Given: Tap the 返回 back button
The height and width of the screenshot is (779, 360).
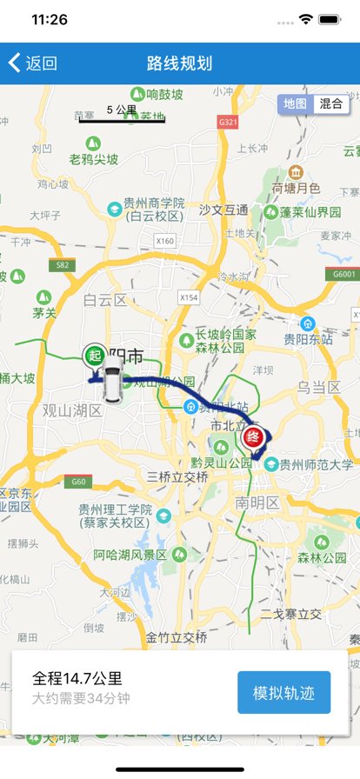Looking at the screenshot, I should point(33,63).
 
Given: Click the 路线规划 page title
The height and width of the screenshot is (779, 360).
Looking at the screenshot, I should point(179,63).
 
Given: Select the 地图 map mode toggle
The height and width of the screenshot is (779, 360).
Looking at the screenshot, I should point(295,103).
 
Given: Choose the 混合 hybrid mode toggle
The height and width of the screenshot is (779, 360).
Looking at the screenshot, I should point(330,103).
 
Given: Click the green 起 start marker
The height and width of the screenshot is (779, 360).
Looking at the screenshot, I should point(94,356).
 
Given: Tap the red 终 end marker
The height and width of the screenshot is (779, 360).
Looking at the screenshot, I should point(253,436).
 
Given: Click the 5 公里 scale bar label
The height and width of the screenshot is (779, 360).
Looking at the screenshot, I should point(122,110).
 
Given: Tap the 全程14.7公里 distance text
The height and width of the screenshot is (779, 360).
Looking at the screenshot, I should point(77,679).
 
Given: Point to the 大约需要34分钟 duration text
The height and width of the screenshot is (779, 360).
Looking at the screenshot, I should point(81,698).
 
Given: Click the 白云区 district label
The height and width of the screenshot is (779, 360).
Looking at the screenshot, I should point(105,300).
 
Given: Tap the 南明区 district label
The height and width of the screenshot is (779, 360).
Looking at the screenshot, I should point(257,503).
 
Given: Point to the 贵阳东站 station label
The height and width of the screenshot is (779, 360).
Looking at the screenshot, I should point(309,340).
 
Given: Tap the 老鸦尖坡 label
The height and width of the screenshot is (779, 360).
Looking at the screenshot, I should point(94,159).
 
